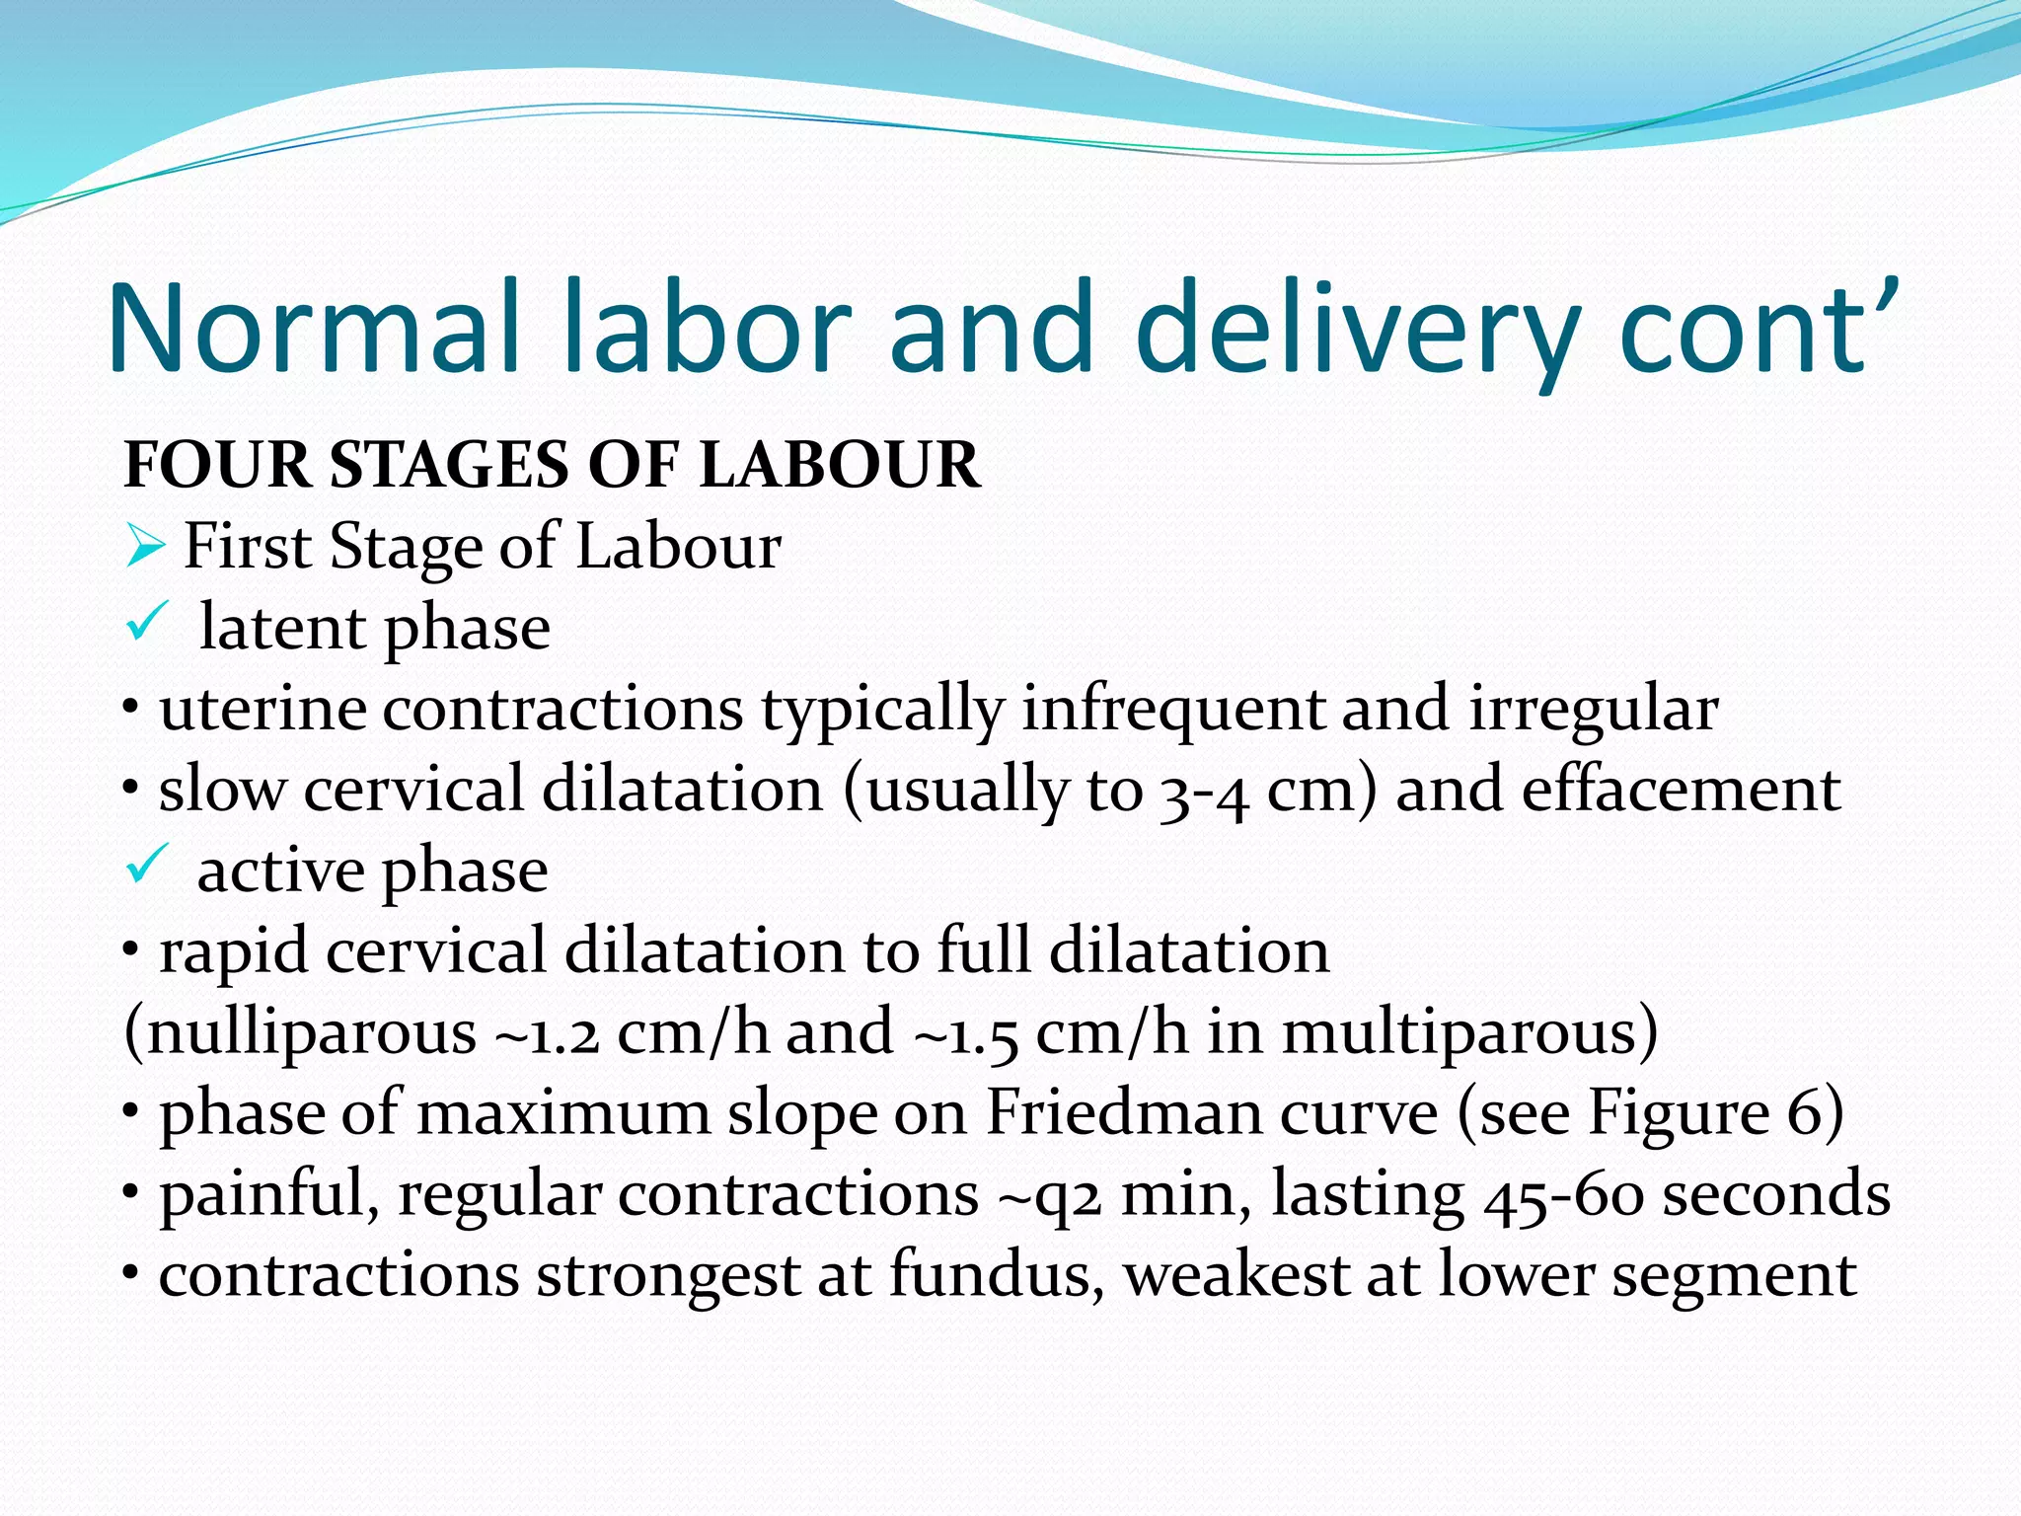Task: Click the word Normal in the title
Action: pos(314,328)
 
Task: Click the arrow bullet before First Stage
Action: pos(144,548)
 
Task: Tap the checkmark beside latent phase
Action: pos(149,624)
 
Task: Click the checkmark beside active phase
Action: pos(149,867)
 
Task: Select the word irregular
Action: pos(1593,710)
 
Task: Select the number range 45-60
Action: pos(1563,1195)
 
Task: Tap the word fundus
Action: pos(997,1276)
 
